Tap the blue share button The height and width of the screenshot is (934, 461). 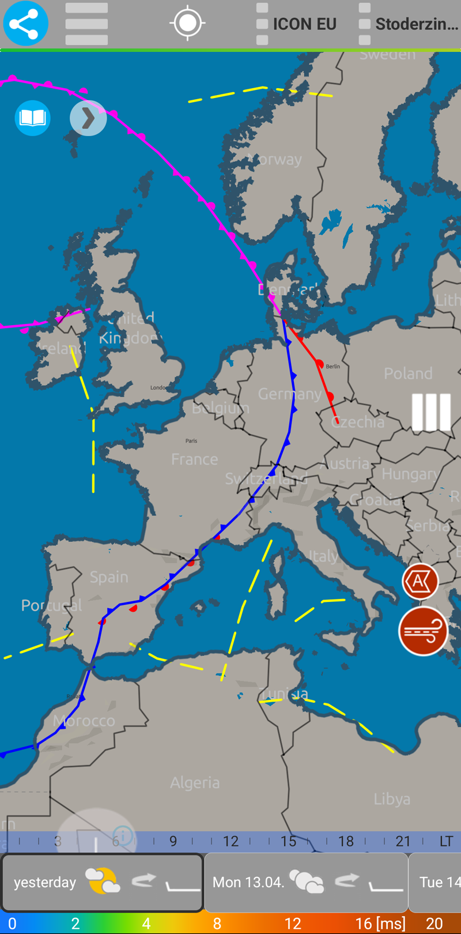click(x=25, y=24)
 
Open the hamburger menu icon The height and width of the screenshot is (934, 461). click(x=86, y=24)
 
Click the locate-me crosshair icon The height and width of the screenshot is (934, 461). click(x=187, y=23)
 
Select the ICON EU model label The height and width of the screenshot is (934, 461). click(x=304, y=24)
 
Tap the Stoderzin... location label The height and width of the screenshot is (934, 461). click(x=416, y=24)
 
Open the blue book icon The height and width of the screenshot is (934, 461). click(x=32, y=118)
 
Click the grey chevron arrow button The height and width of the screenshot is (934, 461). click(x=88, y=118)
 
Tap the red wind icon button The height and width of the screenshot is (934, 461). click(x=424, y=631)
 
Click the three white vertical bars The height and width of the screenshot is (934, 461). click(x=431, y=412)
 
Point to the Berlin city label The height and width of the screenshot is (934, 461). click(x=333, y=366)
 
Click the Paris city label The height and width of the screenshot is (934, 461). click(x=191, y=440)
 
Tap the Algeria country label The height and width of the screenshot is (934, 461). click(x=195, y=782)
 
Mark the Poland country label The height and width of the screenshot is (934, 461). click(x=408, y=374)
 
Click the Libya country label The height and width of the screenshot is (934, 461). click(x=392, y=799)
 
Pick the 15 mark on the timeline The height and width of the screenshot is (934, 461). click(x=288, y=841)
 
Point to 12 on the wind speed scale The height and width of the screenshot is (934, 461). click(x=293, y=924)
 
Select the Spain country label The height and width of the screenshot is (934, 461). click(x=109, y=577)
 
